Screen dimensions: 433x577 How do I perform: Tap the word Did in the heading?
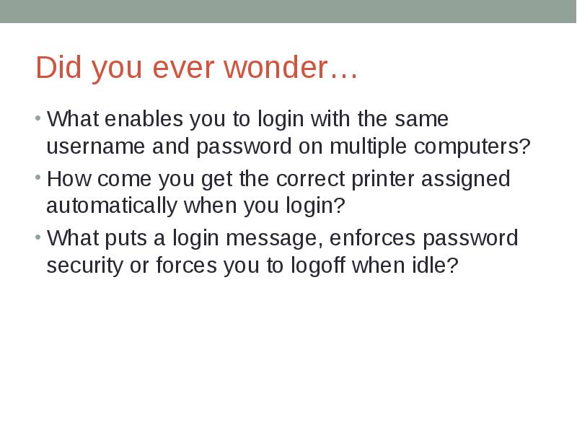click(56, 69)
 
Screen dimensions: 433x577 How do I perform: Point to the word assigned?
click(474, 178)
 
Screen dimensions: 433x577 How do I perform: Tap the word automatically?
click(112, 206)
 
